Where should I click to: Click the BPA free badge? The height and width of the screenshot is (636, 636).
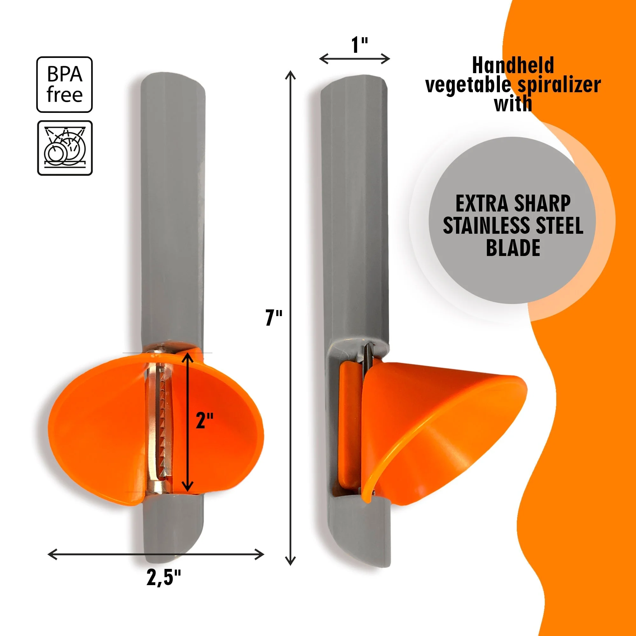(64, 85)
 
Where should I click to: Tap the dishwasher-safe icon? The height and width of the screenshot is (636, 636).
(65, 148)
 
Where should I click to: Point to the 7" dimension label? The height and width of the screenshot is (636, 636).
(274, 318)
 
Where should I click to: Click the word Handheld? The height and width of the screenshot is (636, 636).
(513, 65)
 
